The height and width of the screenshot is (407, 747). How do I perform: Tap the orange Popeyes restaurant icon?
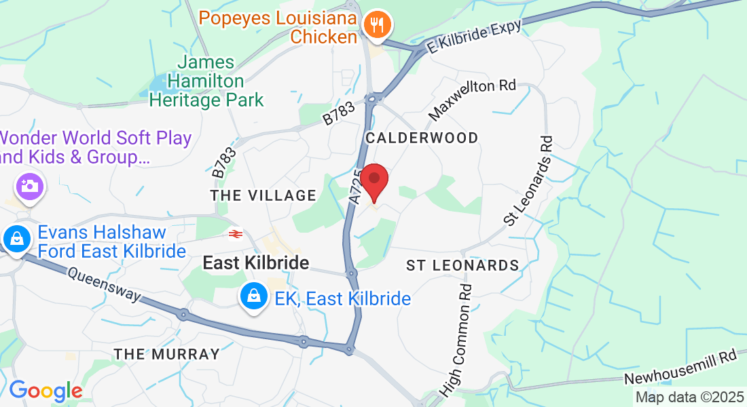pos(376,26)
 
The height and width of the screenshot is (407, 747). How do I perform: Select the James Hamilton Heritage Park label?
pos(206,81)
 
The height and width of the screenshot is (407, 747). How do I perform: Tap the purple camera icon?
pos(29,185)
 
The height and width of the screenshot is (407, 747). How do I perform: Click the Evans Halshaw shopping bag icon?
pos(15,239)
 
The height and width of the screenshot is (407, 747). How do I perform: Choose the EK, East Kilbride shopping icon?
pos(253,296)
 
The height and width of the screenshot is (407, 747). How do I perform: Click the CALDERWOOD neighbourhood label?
pos(422,138)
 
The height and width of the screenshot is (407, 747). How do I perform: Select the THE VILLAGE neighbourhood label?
pos(263,195)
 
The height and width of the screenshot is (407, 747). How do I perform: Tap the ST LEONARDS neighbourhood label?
pos(462,265)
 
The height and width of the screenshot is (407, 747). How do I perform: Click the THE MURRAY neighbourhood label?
pos(167,354)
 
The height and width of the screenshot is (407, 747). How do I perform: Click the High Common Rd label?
pos(458,339)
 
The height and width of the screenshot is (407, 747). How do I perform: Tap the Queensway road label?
pos(103,284)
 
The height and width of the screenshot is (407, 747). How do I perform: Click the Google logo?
pos(45,391)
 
